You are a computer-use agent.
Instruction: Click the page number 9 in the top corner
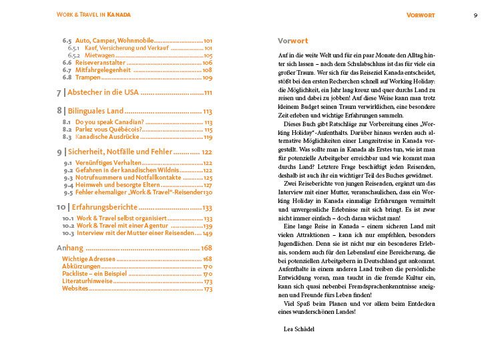pyautogui.click(x=475, y=15)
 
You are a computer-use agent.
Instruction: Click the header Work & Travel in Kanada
pyautogui.click(x=93, y=15)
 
